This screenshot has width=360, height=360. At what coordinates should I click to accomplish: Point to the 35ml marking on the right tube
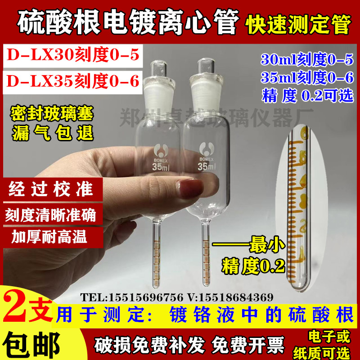205,168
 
